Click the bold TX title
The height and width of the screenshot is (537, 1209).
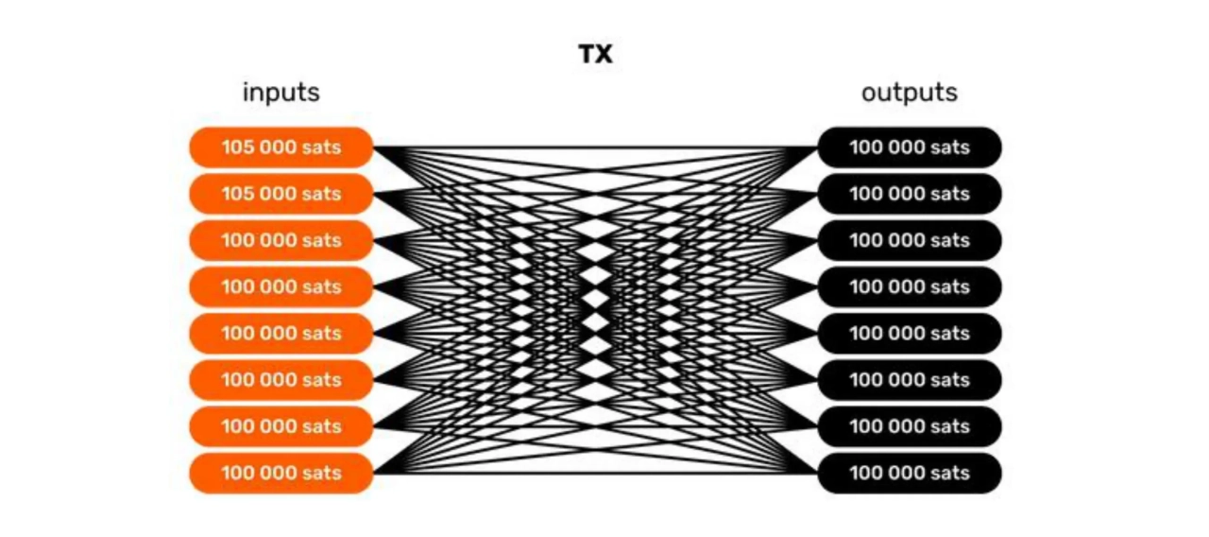596,55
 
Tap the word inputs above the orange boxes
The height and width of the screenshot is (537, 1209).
281,93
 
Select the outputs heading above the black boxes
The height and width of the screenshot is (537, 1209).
909,93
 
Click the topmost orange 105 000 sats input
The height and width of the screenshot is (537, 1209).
281,147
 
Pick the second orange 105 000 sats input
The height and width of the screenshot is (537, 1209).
281,194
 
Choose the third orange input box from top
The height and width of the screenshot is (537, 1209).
281,240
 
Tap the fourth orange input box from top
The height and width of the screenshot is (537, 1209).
281,286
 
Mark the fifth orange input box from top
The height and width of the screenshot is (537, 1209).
281,333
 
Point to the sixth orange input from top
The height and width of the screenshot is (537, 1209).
281,380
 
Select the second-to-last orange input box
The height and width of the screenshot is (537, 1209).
281,426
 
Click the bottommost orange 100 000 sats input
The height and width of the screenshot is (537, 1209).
281,473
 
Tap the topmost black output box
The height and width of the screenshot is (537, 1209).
909,147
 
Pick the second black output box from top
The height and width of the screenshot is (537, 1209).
909,194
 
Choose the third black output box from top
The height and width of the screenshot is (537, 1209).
909,240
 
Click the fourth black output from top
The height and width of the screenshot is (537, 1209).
909,286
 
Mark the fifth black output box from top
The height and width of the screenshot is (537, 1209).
909,333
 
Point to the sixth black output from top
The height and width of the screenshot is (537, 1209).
909,380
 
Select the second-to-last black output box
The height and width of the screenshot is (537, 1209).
909,426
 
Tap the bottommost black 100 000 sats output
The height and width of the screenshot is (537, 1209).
909,473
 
